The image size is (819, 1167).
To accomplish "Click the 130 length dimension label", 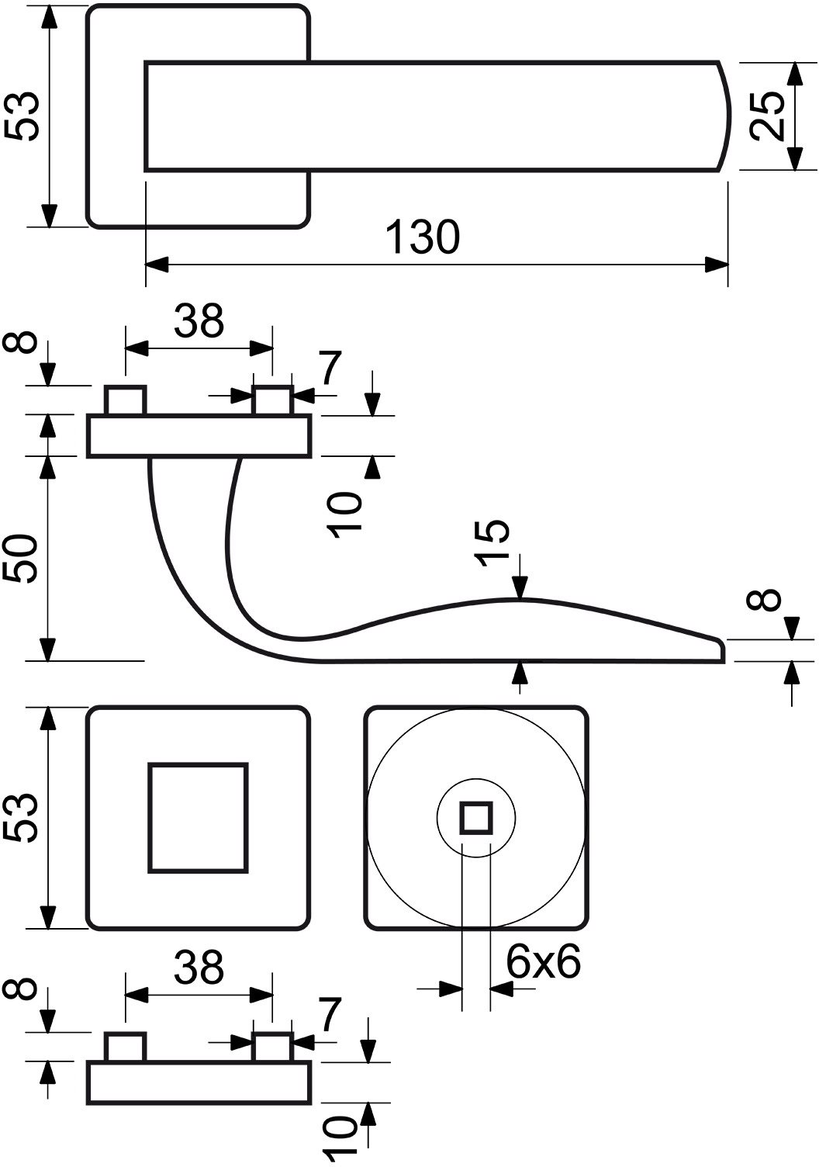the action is click(423, 237).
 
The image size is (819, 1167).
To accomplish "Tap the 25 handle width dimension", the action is click(767, 116).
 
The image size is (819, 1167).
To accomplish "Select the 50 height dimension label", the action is click(21, 557).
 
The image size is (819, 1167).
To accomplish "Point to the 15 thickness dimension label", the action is click(492, 542).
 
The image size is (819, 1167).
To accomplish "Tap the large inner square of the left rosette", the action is click(198, 817).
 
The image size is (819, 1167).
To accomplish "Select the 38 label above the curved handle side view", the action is click(199, 320).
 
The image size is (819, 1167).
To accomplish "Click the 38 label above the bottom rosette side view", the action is click(199, 968).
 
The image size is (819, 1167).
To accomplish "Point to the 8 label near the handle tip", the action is click(764, 599).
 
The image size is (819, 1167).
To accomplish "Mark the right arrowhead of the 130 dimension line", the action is click(716, 264).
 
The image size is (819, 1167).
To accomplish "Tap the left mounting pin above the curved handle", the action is click(126, 400).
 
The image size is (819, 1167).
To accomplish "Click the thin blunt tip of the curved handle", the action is click(721, 650).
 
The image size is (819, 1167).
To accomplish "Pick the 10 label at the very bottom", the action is click(340, 1141).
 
